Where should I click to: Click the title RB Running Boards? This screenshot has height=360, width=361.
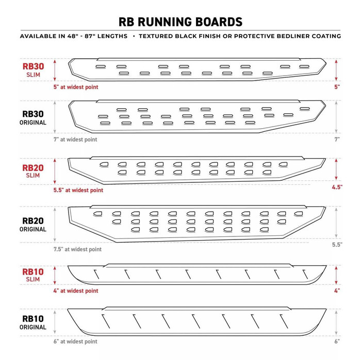(x=180, y=22)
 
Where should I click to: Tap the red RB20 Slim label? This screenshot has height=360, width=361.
(x=33, y=172)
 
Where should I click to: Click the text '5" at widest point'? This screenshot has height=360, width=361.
(x=76, y=88)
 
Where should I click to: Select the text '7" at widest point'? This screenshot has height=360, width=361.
(x=75, y=139)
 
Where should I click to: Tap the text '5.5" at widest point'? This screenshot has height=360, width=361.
(x=78, y=190)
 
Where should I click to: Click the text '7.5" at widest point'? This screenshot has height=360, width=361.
(x=77, y=249)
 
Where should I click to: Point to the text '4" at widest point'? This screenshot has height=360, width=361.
(x=76, y=291)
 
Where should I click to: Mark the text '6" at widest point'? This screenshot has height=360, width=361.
(x=75, y=341)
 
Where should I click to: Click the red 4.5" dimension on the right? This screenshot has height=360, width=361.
(x=337, y=186)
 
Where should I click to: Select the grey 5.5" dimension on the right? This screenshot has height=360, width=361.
(x=337, y=245)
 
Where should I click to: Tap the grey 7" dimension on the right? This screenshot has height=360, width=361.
(x=337, y=139)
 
